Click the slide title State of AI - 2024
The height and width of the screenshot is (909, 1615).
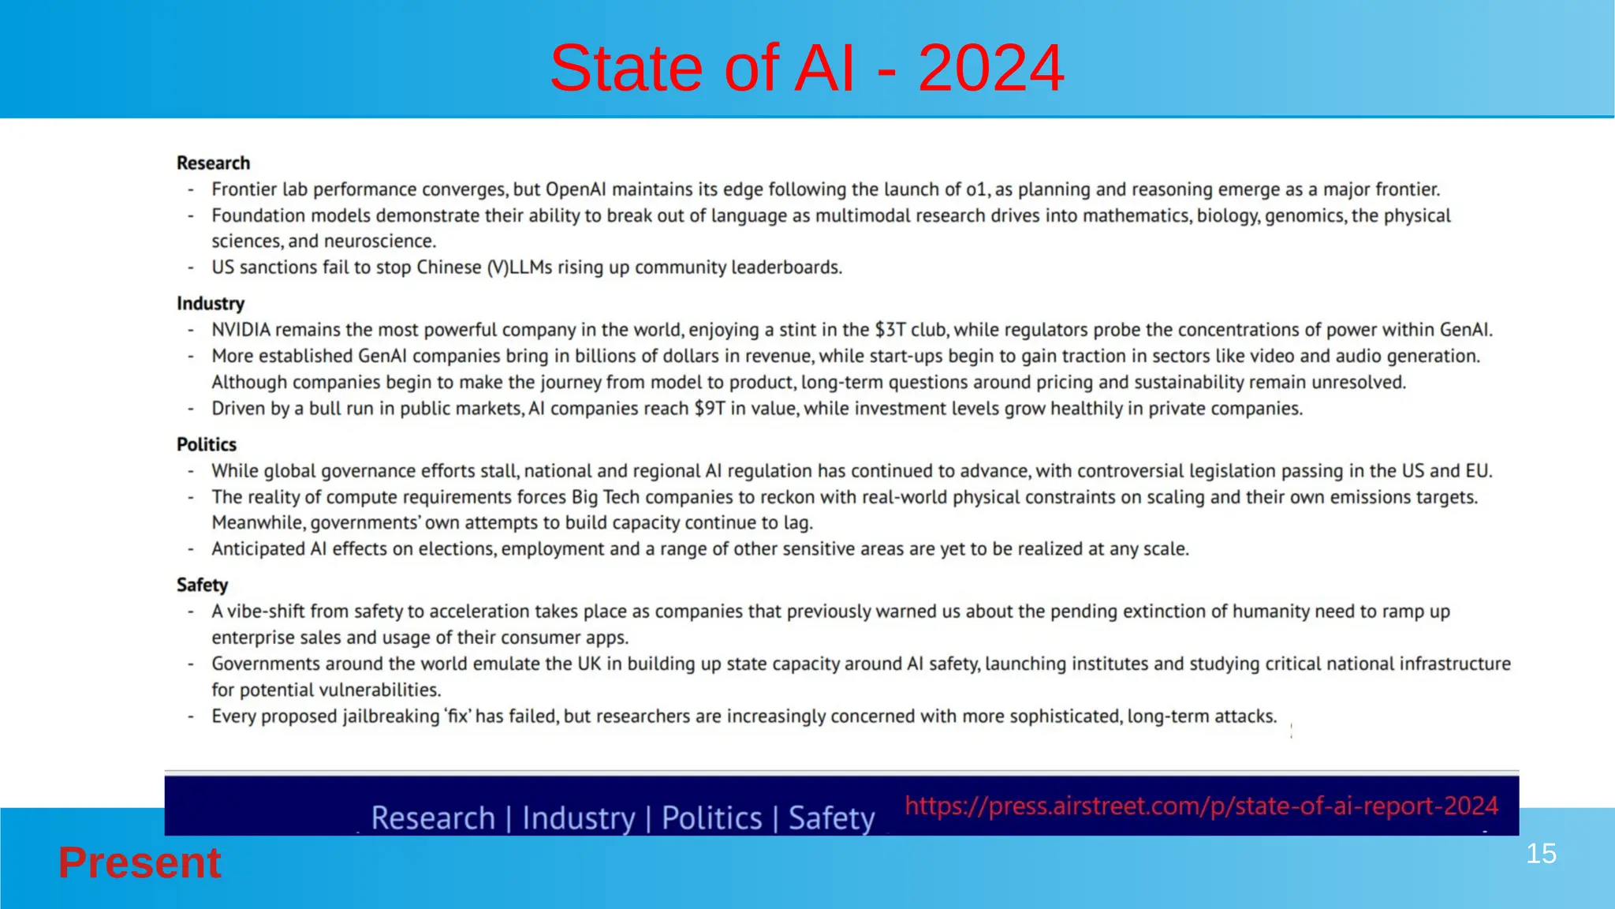click(x=807, y=68)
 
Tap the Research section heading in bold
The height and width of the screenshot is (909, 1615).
click(x=213, y=163)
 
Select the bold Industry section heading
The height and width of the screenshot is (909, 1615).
click(x=211, y=304)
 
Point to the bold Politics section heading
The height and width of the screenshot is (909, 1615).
click(x=207, y=445)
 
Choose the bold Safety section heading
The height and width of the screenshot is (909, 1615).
click(x=202, y=585)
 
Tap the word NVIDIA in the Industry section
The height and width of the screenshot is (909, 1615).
click(x=241, y=330)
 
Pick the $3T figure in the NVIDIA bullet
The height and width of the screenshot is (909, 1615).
click(x=890, y=330)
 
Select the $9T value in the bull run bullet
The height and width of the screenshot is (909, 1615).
click(x=709, y=409)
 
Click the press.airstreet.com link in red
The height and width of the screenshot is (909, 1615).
click(x=1201, y=806)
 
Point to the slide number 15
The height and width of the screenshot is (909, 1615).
click(x=1541, y=854)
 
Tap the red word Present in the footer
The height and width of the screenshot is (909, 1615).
click(x=140, y=862)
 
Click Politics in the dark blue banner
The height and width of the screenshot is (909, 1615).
click(x=711, y=818)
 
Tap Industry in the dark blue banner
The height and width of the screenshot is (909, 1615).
click(x=579, y=818)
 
